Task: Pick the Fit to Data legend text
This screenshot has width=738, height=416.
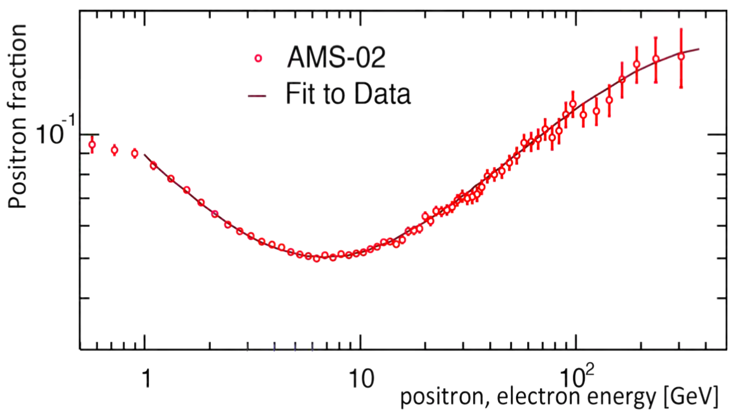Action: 348,94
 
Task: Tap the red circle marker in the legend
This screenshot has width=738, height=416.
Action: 258,58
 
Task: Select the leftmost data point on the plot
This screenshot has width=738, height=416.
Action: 92,145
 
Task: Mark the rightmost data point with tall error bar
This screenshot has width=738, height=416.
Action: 681,56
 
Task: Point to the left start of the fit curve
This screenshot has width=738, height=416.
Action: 145,155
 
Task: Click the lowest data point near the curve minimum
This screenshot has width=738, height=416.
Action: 316,258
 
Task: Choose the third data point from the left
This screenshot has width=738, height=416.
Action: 135,154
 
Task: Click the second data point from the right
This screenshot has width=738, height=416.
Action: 656,59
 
